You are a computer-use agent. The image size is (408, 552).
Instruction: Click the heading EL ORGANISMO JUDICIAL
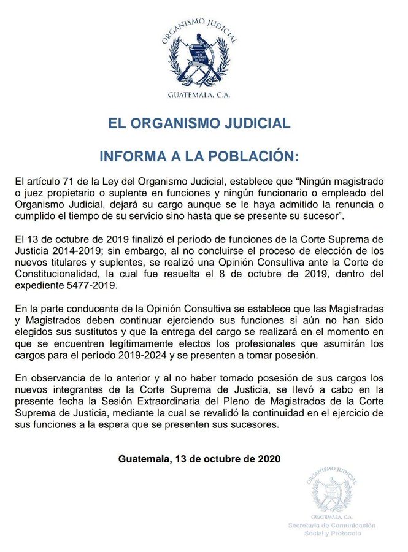point(199,123)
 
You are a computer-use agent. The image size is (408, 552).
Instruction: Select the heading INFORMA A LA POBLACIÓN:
point(199,156)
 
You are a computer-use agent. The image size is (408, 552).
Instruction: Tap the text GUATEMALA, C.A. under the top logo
point(199,95)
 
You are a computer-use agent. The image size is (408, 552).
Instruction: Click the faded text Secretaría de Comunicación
point(332,526)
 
